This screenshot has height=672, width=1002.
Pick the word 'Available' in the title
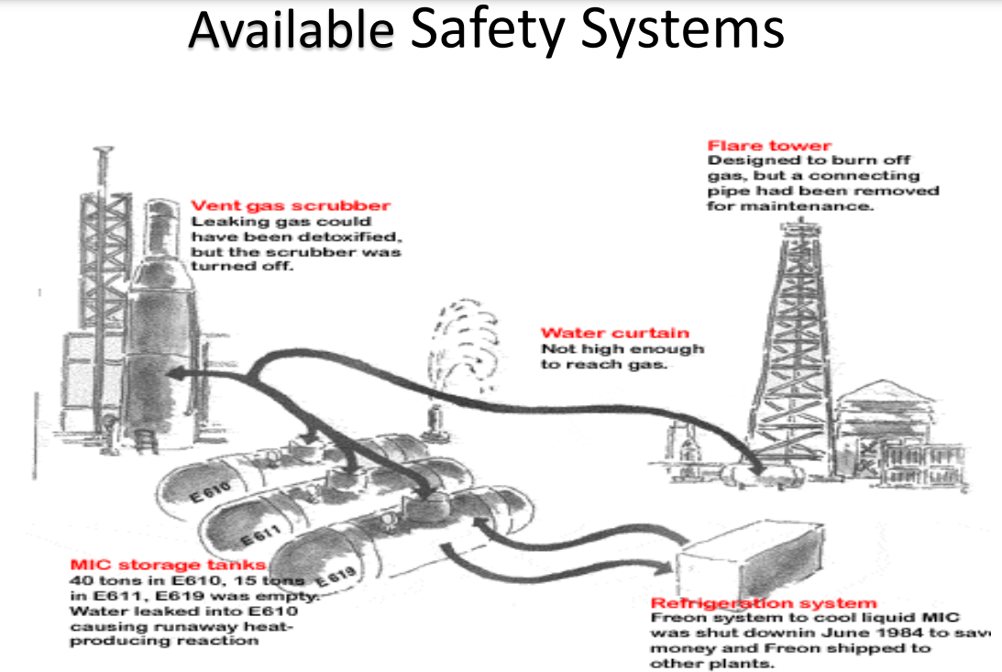pos(292,29)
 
